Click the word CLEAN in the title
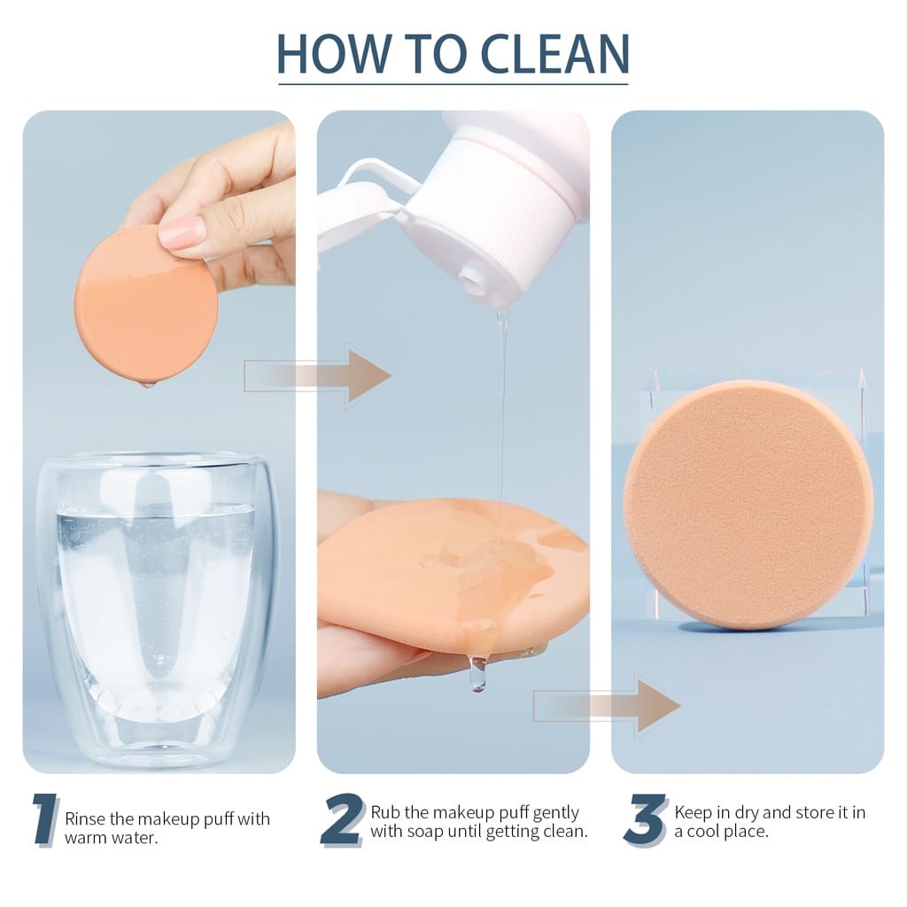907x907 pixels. (554, 54)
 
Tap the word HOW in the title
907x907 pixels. (334, 54)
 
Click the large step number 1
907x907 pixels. (45, 820)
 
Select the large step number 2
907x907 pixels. (343, 820)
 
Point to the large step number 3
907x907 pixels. (646, 820)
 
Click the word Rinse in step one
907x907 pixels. (86, 818)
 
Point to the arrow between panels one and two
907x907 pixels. (317, 376)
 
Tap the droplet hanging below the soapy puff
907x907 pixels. (477, 673)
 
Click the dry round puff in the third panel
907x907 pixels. (748, 504)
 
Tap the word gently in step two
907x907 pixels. (555, 814)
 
